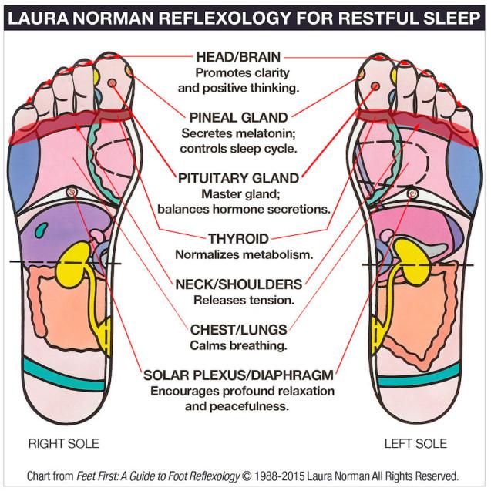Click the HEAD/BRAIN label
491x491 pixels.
238,57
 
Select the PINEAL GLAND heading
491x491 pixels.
239,118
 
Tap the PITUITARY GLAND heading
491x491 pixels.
239,178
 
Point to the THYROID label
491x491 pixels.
239,239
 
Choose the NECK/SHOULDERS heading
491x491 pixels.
239,284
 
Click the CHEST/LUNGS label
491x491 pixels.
239,330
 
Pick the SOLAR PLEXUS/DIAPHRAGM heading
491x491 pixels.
239,375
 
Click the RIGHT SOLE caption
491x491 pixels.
63,443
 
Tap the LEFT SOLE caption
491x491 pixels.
415,443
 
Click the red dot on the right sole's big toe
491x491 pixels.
112,83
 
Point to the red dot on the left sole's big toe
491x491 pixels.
375,86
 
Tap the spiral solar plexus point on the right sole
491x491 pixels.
72,191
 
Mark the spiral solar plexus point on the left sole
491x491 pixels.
412,193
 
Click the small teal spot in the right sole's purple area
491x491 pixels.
42,230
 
